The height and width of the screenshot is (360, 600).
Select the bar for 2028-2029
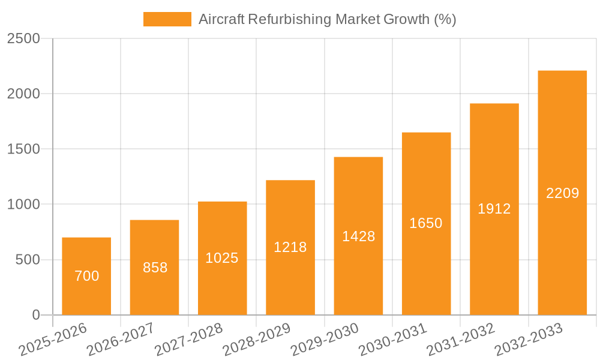(x=290, y=247)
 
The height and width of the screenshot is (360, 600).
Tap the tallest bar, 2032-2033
(x=562, y=193)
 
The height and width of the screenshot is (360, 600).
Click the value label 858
(x=155, y=268)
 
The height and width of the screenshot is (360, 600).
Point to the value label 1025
(x=222, y=258)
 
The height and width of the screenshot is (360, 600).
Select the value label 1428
(x=358, y=236)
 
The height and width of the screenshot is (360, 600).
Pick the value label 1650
(x=426, y=223)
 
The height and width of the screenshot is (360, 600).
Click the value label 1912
(x=494, y=209)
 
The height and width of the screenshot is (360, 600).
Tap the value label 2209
(x=562, y=193)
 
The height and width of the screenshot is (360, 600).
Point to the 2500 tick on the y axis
(x=23, y=38)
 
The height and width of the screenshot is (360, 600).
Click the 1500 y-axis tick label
(x=23, y=149)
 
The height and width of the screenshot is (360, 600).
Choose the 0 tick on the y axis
(x=35, y=315)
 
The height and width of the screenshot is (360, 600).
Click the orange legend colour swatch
(x=167, y=19)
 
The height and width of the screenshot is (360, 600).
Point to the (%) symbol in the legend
(x=445, y=19)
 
